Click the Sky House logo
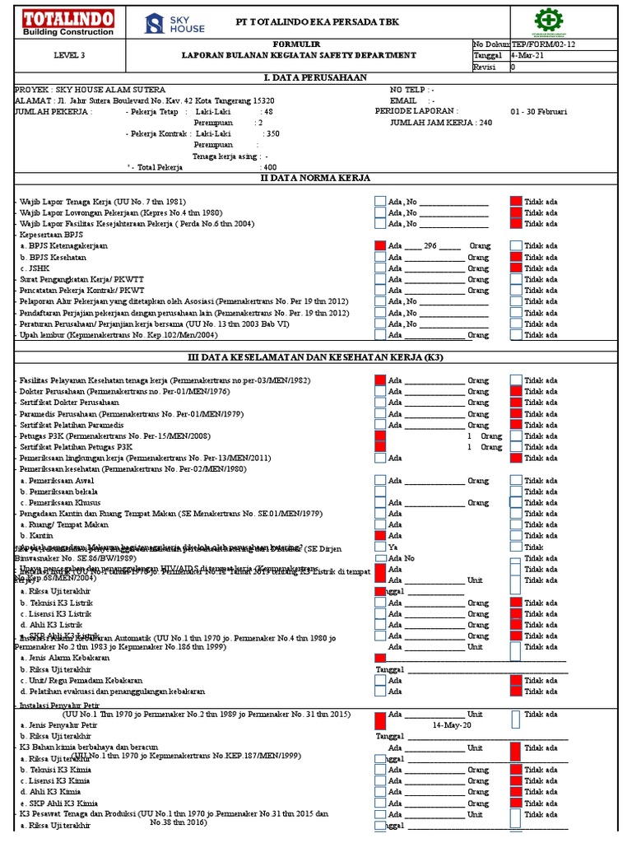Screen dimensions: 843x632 click(x=174, y=24)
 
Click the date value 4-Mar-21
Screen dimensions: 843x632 click(x=527, y=55)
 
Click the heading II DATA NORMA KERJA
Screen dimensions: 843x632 click(x=315, y=178)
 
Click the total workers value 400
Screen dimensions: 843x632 click(x=269, y=167)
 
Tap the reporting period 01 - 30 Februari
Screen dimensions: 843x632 click(x=538, y=111)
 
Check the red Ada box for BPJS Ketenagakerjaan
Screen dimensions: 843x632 click(x=379, y=245)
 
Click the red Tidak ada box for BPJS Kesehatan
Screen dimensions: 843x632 click(x=515, y=257)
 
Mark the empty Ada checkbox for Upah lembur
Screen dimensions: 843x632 click(x=379, y=335)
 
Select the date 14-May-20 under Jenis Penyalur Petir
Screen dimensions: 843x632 click(x=452, y=725)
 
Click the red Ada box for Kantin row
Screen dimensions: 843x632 click(x=379, y=536)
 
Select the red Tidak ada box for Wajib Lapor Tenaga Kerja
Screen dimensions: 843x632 click(x=515, y=201)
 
